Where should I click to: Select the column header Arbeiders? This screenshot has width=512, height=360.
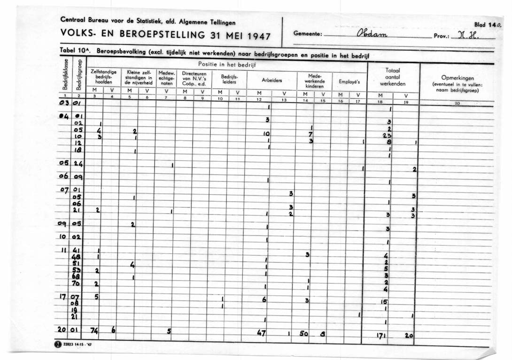tap(272, 80)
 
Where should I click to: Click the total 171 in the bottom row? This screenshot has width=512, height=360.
tap(381, 336)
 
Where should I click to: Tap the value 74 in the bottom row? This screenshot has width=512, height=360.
tap(94, 331)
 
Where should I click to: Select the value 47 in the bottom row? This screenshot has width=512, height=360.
tap(262, 332)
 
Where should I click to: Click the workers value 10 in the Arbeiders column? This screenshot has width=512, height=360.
tap(266, 133)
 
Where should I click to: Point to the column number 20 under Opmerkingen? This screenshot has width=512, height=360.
tap(456, 104)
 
